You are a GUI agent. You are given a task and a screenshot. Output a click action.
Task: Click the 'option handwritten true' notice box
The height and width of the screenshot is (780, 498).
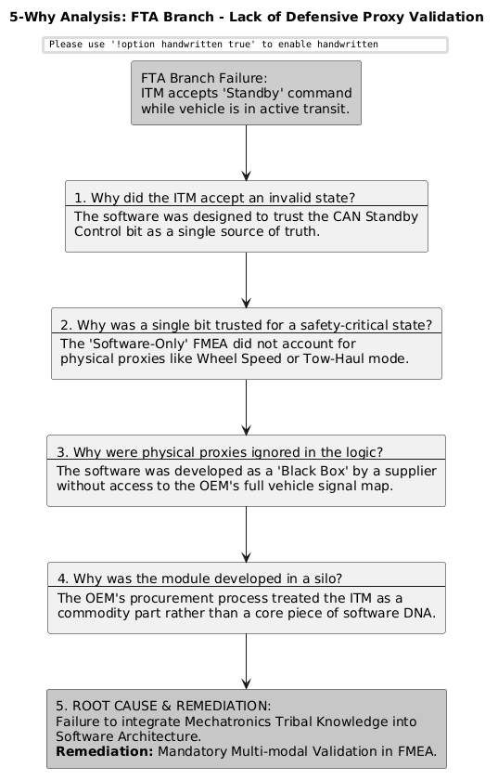[x=245, y=45]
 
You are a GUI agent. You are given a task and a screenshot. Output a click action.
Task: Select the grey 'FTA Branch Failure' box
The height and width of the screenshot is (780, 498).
[x=246, y=93]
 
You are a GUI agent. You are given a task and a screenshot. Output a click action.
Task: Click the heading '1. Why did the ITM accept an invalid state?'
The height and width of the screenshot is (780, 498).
[x=214, y=197]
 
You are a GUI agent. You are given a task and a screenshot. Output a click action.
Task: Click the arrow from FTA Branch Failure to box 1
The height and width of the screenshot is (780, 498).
[x=246, y=152]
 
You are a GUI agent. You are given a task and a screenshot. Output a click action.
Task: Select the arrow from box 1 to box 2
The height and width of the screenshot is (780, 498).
[x=246, y=279]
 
